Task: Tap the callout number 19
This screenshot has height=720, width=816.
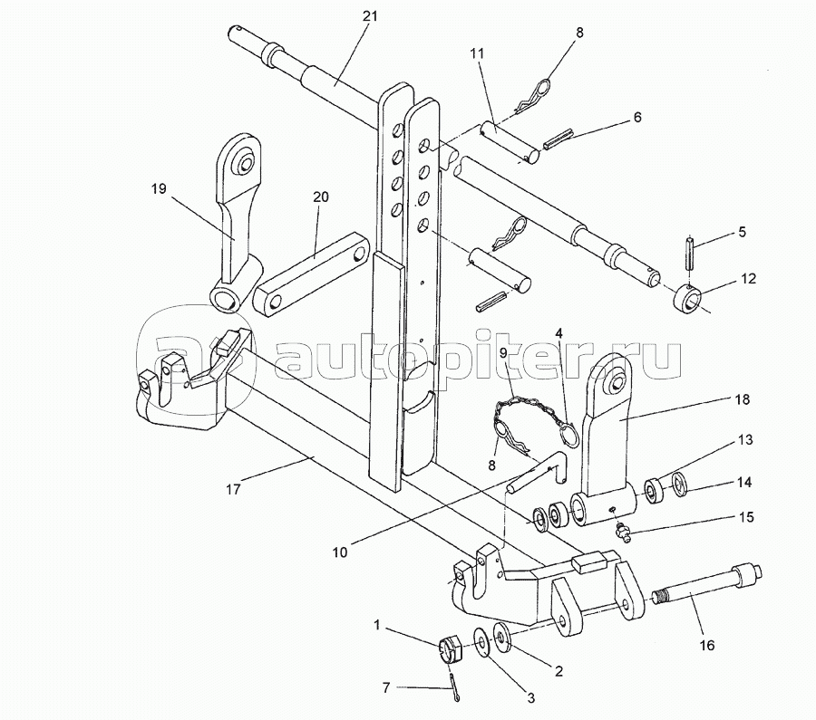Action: tap(160, 188)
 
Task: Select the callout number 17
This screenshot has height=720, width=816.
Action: tap(234, 489)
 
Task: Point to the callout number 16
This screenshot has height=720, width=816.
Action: tap(706, 645)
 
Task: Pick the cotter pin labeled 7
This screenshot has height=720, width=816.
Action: tap(452, 687)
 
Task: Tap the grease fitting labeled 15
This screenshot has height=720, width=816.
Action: tap(622, 531)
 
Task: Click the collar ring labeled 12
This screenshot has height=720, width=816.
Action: tap(688, 300)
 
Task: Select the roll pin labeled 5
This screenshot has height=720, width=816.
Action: tap(690, 253)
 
